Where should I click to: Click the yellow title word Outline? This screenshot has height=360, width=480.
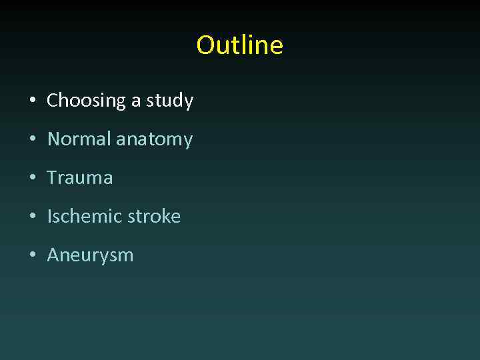point(239,45)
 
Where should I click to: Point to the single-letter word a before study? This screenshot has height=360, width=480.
point(136,101)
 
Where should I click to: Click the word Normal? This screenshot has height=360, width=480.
point(79,139)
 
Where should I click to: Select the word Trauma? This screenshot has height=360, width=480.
point(80,178)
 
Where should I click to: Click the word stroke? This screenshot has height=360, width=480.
point(155,217)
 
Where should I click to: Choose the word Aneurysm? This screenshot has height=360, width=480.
point(90,255)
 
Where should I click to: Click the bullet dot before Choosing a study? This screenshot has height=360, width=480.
point(32,101)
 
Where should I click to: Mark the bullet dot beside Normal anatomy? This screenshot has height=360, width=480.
point(32,140)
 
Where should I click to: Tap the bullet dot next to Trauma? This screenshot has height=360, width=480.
point(32,179)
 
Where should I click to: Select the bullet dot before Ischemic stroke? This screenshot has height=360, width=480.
point(32,217)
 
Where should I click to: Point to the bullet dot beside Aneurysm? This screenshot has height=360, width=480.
point(32,256)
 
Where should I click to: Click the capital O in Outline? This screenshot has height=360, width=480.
point(205,45)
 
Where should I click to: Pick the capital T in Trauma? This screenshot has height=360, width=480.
point(52,178)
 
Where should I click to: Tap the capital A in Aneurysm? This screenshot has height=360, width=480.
point(53,255)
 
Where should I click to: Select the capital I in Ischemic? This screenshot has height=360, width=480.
point(49,217)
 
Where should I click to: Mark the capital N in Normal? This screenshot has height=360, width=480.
point(54,139)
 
